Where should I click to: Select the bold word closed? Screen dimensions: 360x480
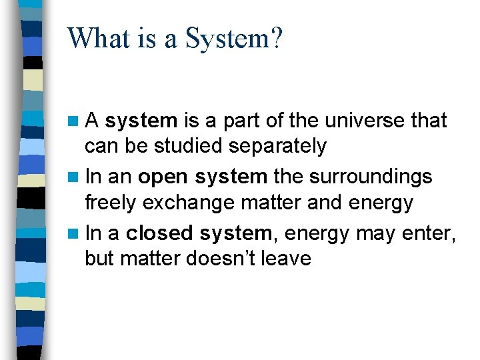pos(159,233)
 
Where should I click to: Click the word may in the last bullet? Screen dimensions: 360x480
pos(375,233)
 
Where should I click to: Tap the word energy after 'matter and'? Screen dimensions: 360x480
pos(378,202)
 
